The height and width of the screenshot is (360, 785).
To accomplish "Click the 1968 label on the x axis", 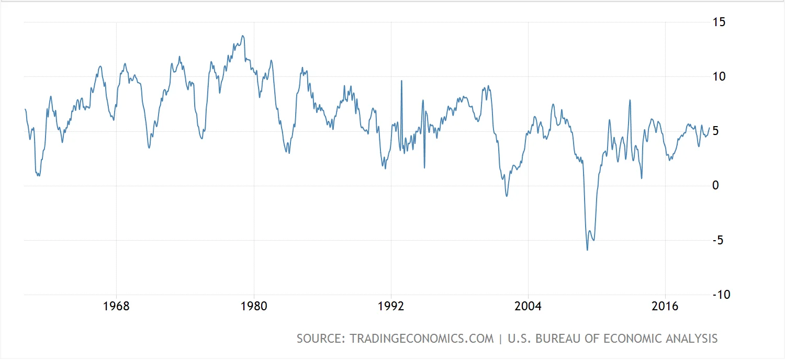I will pos(117,306).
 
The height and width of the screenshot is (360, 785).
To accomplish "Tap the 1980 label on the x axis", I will pos(254,306).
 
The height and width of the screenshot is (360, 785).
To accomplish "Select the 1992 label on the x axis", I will pos(391,306).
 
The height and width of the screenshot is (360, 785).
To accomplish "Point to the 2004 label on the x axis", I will pos(528,306).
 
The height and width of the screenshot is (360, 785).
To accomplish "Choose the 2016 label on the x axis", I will pos(665,306).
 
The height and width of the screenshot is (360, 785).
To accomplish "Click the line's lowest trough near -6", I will pos(587,250).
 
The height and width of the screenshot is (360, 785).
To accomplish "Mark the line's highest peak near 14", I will pos(242,36).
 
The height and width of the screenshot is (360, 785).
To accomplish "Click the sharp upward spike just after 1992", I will pos(401,81).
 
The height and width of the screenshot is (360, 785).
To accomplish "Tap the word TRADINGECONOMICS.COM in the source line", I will pos(422,339).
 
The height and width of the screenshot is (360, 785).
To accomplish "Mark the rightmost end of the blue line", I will pos(710,128).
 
